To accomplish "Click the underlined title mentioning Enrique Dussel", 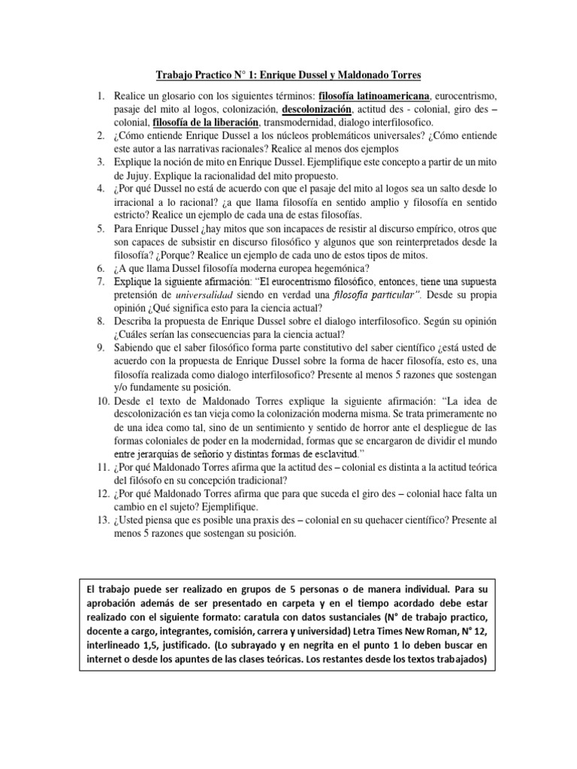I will pos(288,75).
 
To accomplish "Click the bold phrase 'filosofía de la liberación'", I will pos(205,122).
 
